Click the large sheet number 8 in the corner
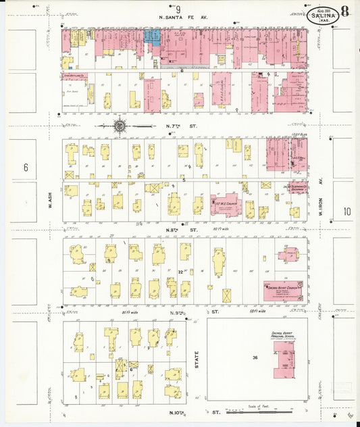tap(345, 11)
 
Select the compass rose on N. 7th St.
tap(120, 125)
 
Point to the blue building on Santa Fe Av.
tap(153, 37)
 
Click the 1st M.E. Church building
tap(223, 203)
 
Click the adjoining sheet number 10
tap(346, 211)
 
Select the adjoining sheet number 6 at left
tap(25, 167)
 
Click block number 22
tap(180, 272)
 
